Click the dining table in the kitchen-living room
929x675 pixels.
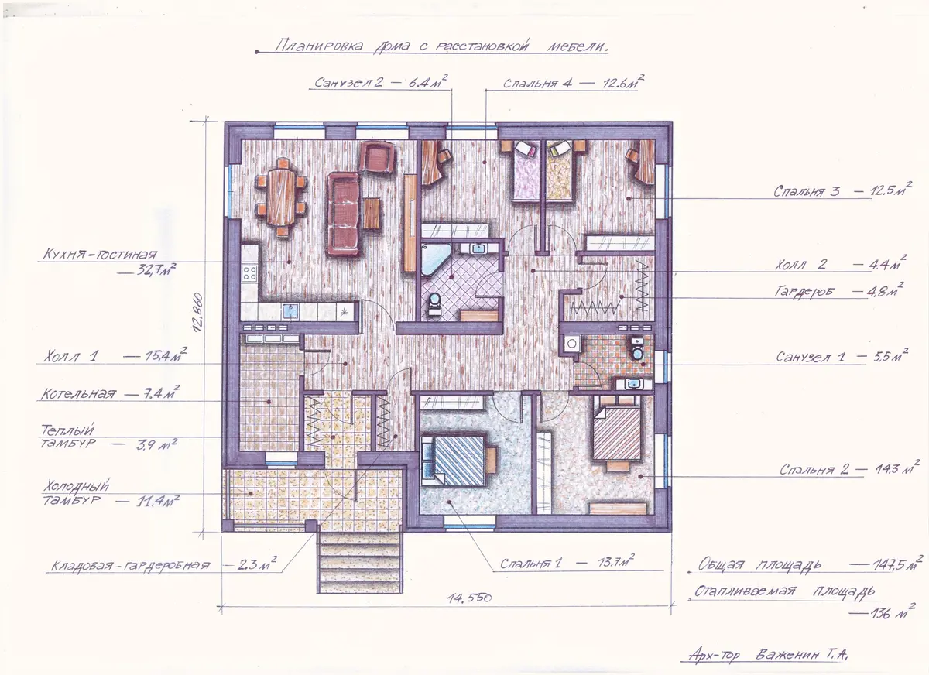(282, 196)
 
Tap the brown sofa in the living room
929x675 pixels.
(343, 214)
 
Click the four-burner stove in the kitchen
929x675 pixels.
(249, 274)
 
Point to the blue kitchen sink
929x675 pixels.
(291, 311)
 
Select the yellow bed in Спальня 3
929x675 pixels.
(560, 172)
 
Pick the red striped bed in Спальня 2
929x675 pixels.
(617, 432)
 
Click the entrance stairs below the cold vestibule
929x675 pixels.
(359, 562)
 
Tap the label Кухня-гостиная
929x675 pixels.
(100, 254)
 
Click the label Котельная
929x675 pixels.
(78, 393)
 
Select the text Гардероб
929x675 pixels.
(804, 292)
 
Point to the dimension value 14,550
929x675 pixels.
(469, 598)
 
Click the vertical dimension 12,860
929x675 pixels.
(198, 312)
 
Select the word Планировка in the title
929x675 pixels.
(319, 45)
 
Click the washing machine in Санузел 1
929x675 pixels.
(572, 343)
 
